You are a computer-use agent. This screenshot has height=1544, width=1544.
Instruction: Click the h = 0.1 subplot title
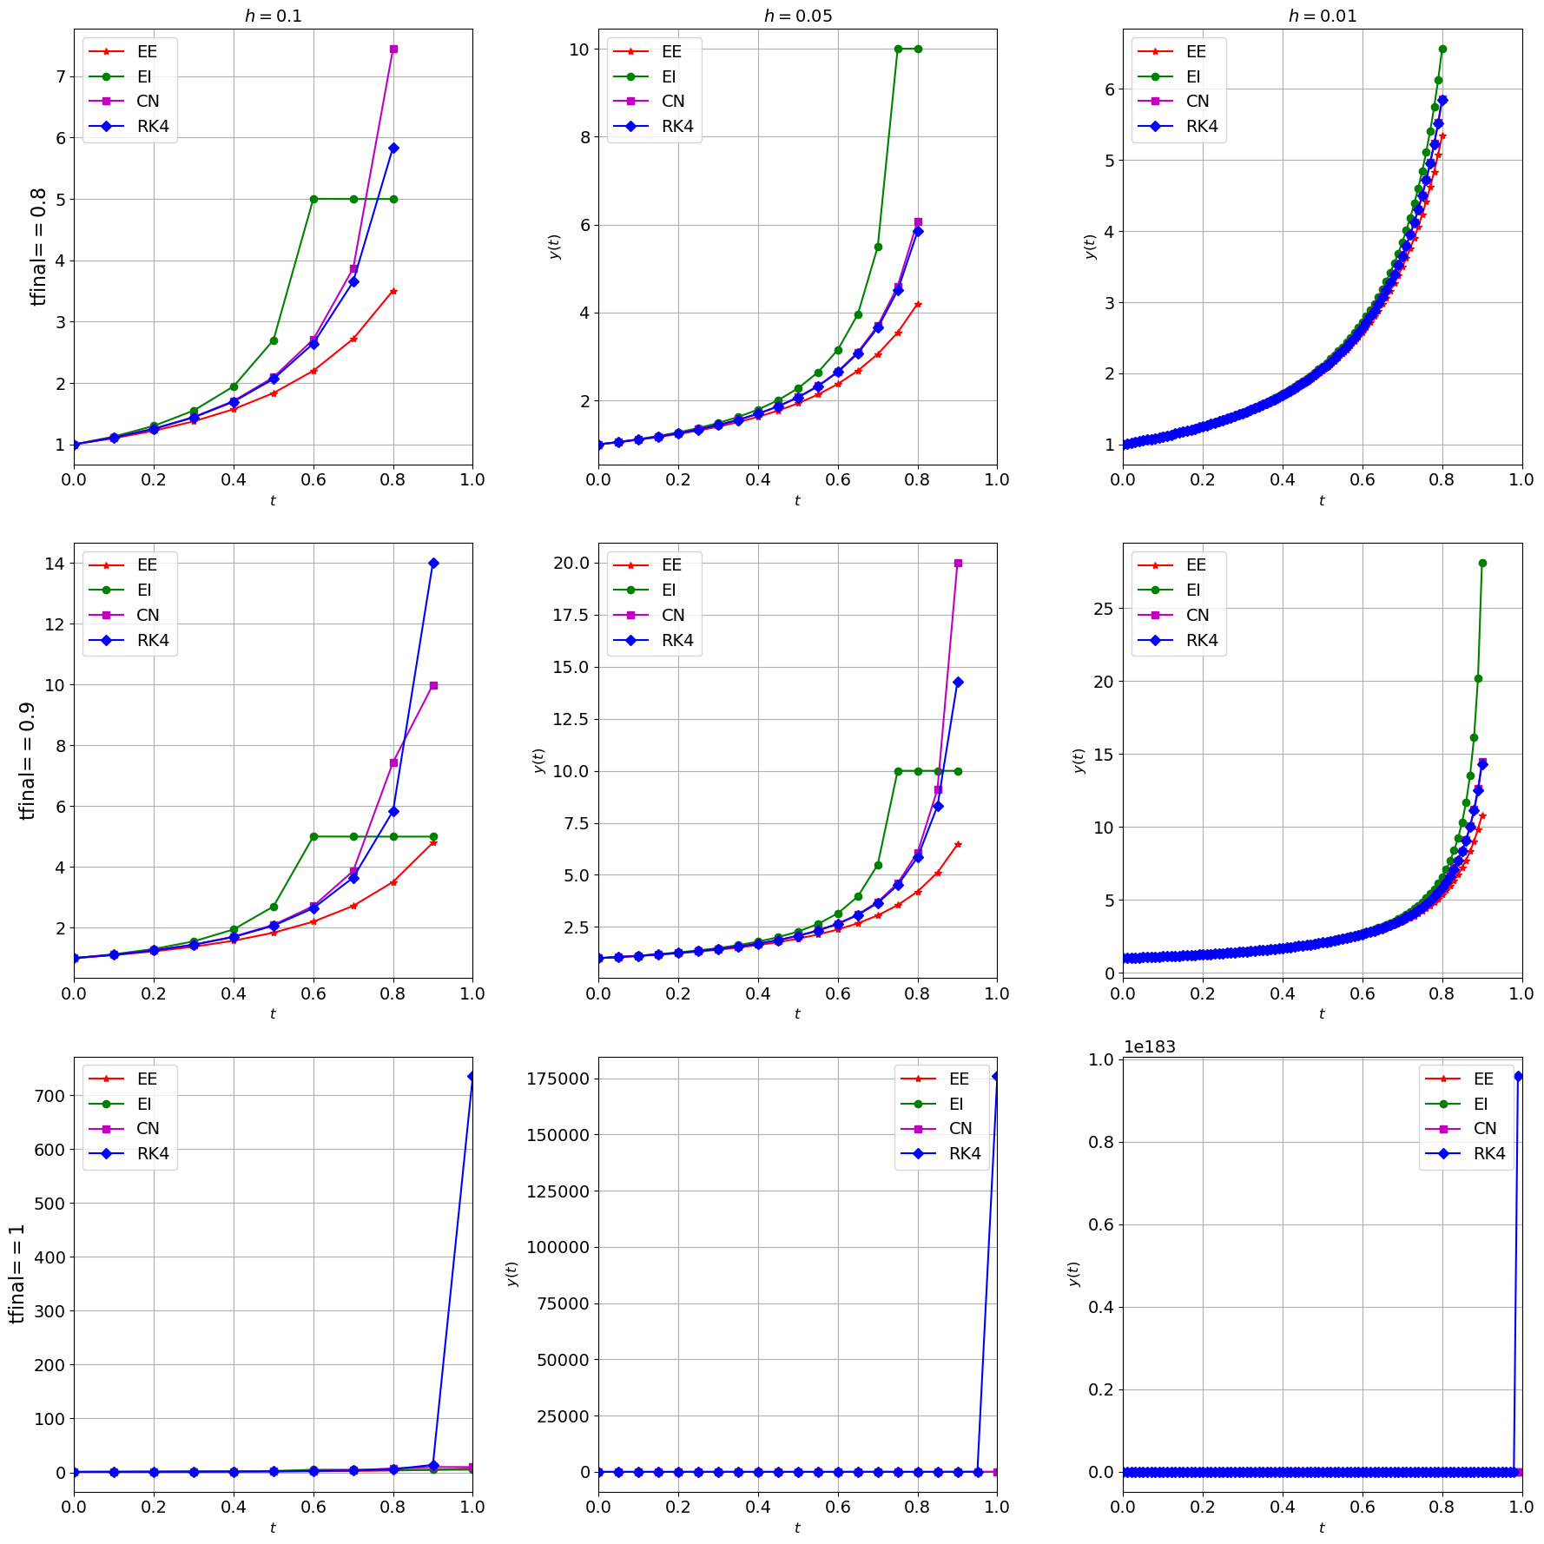(273, 16)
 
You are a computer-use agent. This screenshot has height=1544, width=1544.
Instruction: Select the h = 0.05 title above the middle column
(797, 16)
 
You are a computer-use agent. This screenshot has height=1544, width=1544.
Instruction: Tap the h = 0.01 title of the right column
(1322, 16)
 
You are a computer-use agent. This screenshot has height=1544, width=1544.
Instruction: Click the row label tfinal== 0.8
(39, 247)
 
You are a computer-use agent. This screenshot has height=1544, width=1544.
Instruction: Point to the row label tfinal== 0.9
(28, 761)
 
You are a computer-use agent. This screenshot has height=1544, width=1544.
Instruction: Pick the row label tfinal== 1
(17, 1274)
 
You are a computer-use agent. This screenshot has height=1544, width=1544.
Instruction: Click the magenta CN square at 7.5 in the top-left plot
(393, 49)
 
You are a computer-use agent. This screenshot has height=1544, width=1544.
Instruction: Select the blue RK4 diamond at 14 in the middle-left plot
(433, 564)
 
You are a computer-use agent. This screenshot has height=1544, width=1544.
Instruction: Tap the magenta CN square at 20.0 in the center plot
(958, 564)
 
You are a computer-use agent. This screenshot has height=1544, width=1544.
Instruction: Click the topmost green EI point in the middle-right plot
(1482, 564)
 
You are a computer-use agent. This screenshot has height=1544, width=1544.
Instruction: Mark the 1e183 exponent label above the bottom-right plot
(1149, 1047)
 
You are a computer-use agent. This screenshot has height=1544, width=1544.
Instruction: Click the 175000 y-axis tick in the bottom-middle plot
(558, 1079)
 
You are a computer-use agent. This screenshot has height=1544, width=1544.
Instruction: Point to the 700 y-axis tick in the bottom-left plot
(49, 1096)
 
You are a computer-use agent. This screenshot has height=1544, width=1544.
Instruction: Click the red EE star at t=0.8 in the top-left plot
(393, 291)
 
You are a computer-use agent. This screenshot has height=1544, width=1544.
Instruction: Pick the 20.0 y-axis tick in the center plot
(571, 564)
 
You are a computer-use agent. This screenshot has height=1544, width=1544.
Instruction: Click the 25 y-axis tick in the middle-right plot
(1103, 609)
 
